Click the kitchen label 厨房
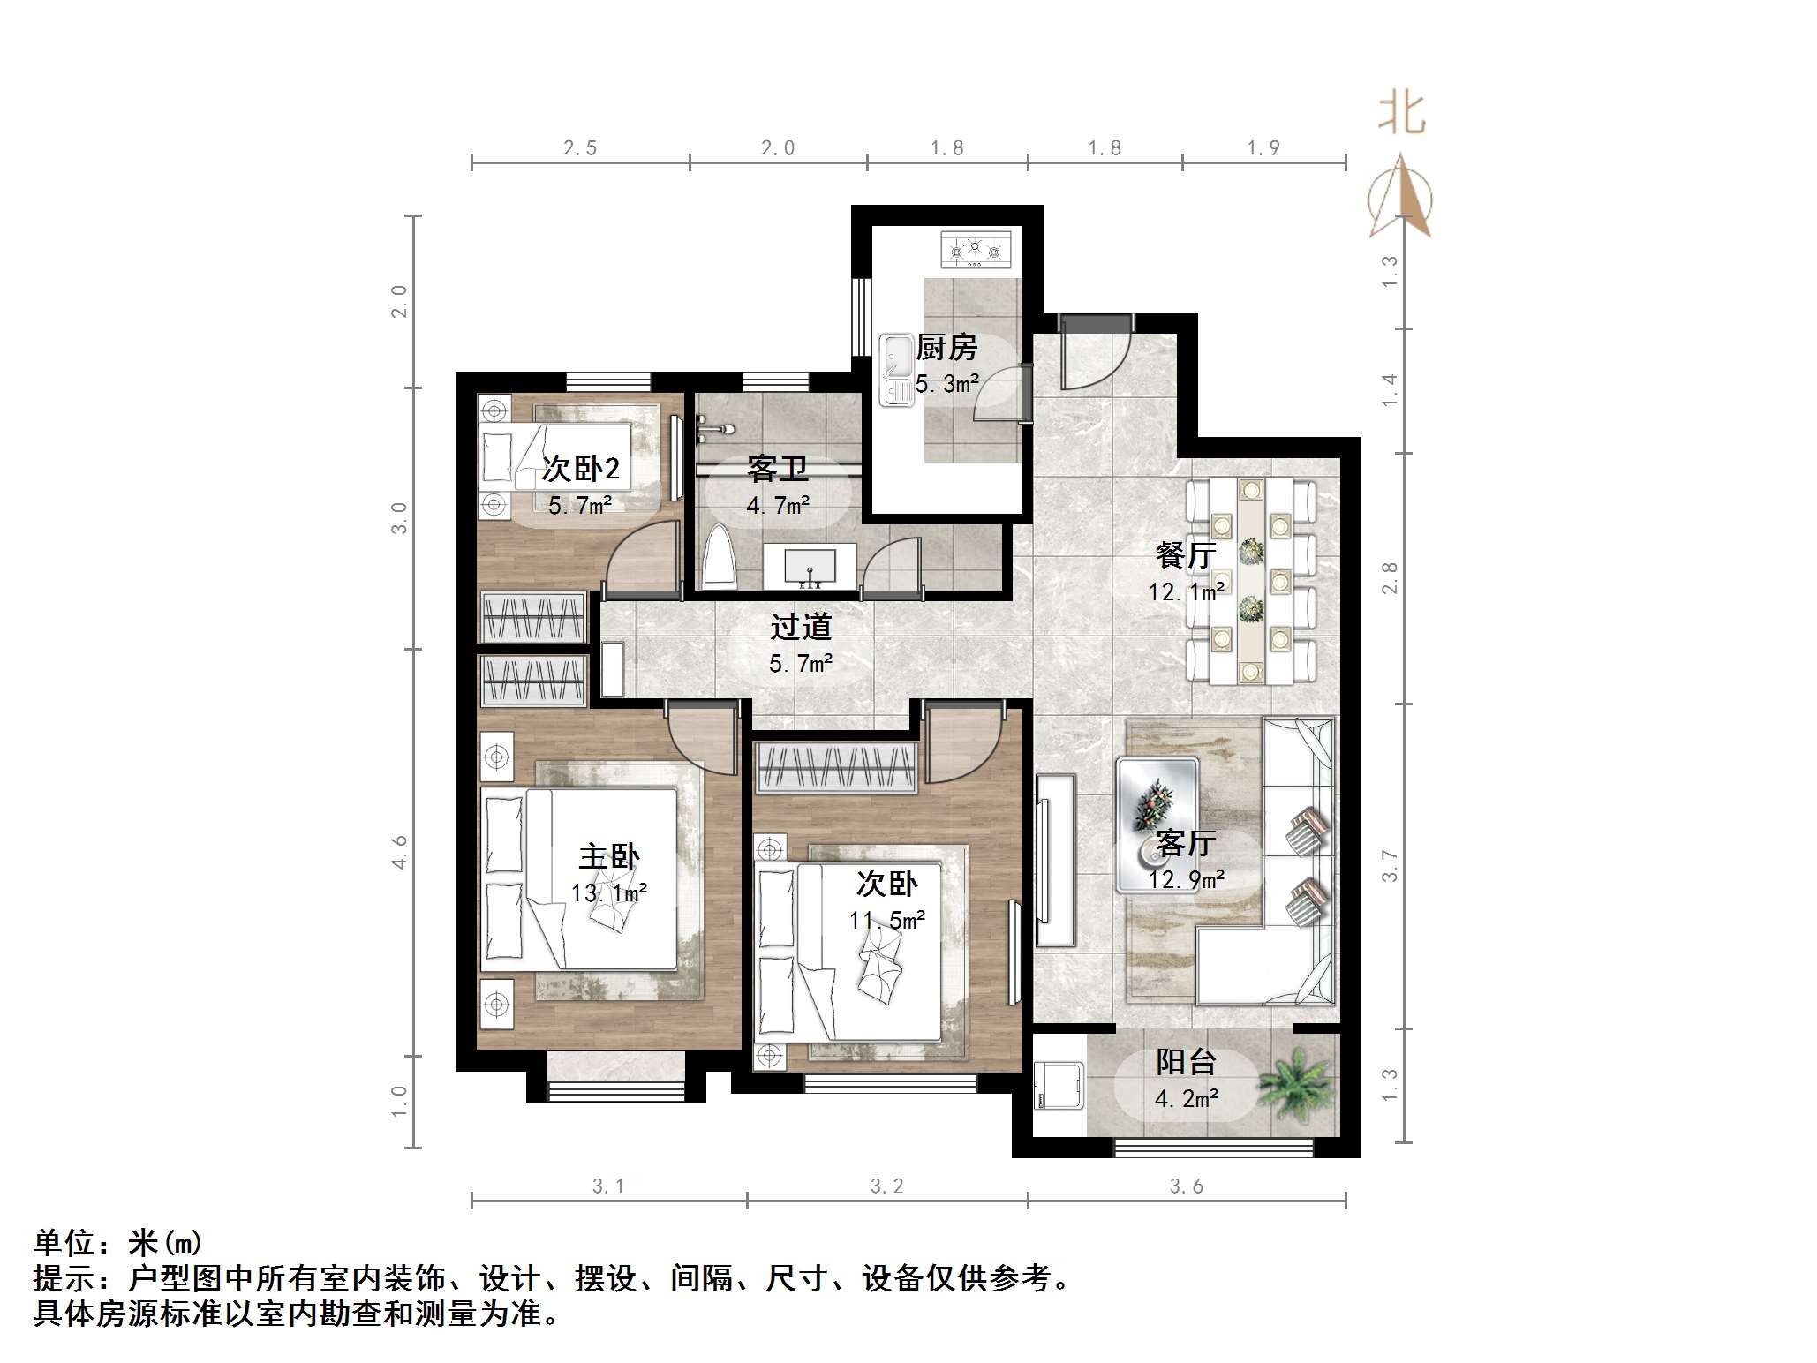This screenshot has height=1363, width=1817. click(946, 348)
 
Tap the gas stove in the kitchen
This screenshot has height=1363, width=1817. click(976, 250)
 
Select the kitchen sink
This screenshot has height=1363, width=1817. click(897, 370)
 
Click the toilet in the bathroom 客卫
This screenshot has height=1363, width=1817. click(720, 558)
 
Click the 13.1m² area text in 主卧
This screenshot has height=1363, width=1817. click(609, 892)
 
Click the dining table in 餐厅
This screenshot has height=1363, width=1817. click(1249, 581)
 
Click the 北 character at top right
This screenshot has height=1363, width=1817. click(1402, 115)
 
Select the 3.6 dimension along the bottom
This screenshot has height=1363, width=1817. click(1186, 1186)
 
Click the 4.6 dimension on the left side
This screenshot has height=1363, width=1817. click(400, 852)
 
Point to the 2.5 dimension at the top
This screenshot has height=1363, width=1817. click(580, 148)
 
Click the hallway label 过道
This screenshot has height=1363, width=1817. click(801, 627)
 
